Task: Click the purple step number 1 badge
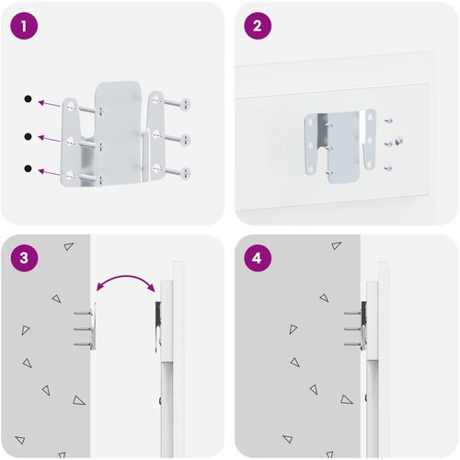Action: pos(24,26)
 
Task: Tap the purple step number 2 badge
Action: pos(258,26)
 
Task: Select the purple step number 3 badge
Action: pos(24,258)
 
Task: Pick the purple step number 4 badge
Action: pos(258,258)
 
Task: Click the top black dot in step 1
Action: pos(28,98)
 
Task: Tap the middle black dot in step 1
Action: pos(28,136)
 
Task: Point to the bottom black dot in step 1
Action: pos(28,168)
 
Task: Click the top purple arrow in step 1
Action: pos(49,104)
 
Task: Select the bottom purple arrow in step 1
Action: pos(49,172)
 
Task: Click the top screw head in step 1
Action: pos(186,104)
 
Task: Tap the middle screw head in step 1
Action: pos(186,140)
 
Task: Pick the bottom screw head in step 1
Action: pos(186,173)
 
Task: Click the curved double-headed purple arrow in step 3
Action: pos(126,277)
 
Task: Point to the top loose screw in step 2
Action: pos(388,121)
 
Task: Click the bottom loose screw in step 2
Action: pos(388,168)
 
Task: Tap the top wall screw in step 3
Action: pos(83,314)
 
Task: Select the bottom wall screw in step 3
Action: pos(83,345)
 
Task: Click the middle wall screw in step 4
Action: pos(353,329)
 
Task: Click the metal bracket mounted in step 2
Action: pos(340,146)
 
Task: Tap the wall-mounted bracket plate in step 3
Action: pos(93,327)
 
